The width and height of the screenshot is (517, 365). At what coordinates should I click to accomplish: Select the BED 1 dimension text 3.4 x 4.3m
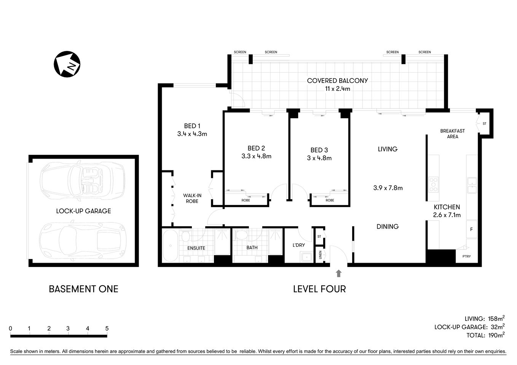click(192, 134)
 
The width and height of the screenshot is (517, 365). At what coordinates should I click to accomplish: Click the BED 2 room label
click(256, 148)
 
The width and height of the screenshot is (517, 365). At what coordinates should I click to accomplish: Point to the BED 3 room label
click(319, 150)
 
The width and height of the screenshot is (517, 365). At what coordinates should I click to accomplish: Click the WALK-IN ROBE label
click(192, 198)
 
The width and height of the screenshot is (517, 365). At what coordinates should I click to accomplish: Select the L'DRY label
click(298, 245)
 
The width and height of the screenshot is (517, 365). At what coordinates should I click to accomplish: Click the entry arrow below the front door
click(339, 273)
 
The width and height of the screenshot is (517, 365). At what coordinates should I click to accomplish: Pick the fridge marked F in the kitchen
click(471, 230)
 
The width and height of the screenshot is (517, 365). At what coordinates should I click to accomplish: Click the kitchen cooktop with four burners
click(433, 184)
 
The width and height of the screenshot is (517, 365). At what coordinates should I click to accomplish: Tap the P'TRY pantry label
click(466, 256)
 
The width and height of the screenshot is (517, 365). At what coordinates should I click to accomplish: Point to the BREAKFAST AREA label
click(452, 133)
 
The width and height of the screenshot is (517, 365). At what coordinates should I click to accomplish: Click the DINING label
click(388, 227)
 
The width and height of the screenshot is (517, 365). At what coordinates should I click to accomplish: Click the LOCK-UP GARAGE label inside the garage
click(83, 211)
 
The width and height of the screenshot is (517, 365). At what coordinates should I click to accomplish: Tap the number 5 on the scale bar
click(107, 328)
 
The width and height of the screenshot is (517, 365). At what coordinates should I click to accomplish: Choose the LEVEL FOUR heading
click(319, 289)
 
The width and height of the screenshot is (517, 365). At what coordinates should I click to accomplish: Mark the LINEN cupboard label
click(320, 255)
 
